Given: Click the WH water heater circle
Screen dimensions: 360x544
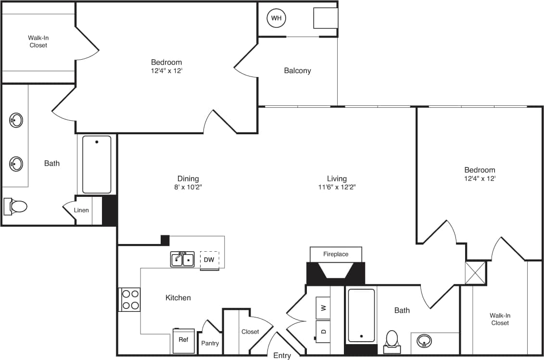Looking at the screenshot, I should [276, 18].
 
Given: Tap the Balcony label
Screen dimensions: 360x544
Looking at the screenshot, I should [297, 71].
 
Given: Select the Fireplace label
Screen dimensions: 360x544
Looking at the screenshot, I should [336, 254].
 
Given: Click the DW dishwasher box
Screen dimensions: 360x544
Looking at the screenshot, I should [209, 259].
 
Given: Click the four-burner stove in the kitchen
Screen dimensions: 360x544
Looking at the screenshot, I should [130, 299].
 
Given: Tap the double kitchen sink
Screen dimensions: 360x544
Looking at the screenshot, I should [182, 259].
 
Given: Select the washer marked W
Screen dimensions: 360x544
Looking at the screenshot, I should [323, 308].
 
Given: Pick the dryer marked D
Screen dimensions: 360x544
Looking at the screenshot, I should [323, 332].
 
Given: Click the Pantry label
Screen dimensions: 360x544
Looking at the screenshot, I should [210, 343].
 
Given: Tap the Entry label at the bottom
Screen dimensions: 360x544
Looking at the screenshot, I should [282, 356].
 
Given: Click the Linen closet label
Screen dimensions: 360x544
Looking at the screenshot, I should [81, 210].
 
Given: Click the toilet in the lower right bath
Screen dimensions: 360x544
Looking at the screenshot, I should [392, 340].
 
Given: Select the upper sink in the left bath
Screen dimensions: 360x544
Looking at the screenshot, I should [16, 120].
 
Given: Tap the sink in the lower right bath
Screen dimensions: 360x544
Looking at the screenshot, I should [424, 341].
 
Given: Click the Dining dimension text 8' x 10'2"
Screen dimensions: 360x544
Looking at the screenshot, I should [188, 187].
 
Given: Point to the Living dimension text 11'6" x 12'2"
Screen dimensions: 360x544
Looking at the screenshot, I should [337, 187].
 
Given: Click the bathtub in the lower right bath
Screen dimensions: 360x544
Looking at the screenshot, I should [361, 315].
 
